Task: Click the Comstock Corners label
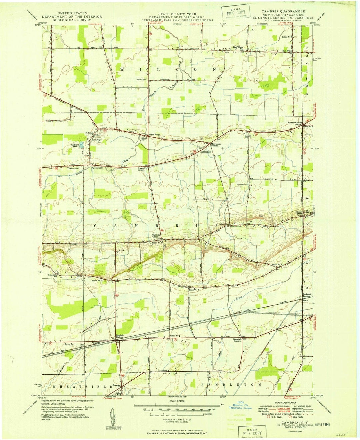237,340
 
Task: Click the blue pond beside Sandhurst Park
82,144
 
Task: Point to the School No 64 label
142,80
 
